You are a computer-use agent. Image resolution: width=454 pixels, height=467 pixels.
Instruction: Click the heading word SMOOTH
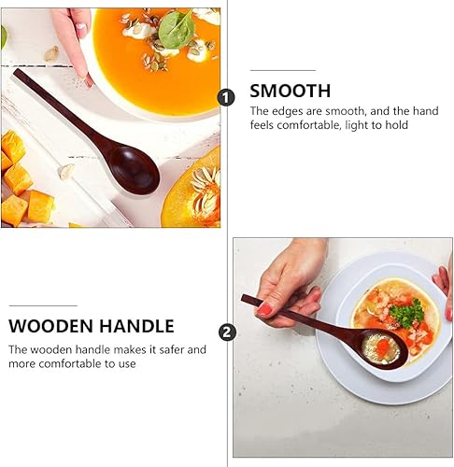[x=290, y=91]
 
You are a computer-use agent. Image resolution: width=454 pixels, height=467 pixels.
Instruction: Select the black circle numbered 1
[x=225, y=97]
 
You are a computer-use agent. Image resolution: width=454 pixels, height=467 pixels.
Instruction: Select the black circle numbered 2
[x=225, y=332]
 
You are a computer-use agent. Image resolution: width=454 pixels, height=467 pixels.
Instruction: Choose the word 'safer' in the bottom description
[x=171, y=349]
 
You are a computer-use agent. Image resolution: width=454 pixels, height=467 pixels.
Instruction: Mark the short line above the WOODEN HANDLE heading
[x=42, y=304]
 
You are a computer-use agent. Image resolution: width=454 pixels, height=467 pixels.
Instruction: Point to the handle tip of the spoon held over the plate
[x=246, y=299]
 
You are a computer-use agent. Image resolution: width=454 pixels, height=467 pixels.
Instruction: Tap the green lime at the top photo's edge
[x=3, y=35]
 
